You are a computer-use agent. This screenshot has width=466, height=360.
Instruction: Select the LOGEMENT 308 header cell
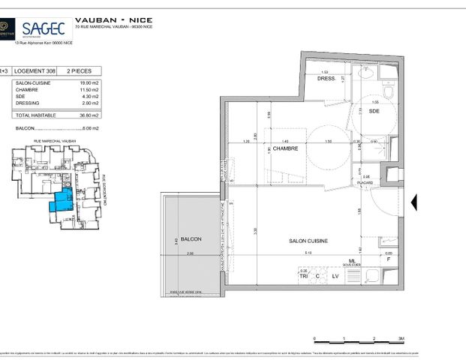(x=37, y=71)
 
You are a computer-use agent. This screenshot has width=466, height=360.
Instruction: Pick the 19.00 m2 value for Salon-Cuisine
(x=90, y=83)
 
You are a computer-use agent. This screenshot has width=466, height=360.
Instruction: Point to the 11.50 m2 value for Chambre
(x=90, y=90)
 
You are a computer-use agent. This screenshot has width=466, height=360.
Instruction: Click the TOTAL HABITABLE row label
(x=34, y=115)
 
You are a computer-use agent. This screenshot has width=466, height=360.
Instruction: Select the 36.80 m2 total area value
(x=90, y=115)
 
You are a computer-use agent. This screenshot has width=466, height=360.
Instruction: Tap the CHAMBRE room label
(x=285, y=148)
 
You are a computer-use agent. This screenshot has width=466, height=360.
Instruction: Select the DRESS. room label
(x=324, y=78)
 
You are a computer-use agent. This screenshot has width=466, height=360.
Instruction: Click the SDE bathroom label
(x=374, y=111)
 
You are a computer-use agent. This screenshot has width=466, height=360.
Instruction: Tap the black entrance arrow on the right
(x=415, y=201)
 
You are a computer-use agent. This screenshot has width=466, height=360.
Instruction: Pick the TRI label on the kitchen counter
(x=303, y=276)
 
